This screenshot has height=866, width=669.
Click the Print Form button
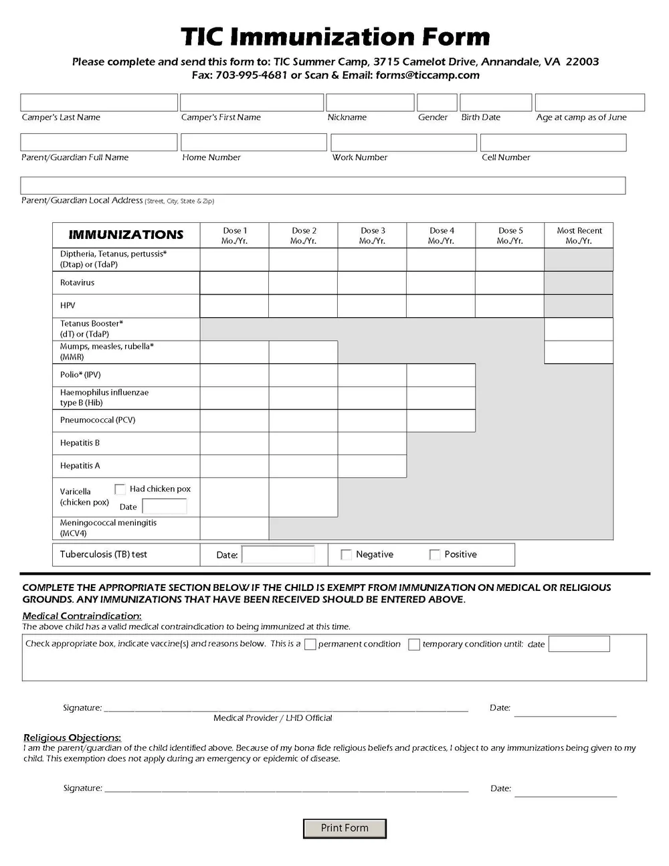pyautogui.click(x=345, y=828)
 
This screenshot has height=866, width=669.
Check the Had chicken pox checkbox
pyautogui.click(x=120, y=489)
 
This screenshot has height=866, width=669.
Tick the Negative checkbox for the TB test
pyautogui.click(x=346, y=555)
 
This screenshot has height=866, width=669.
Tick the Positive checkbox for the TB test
pyautogui.click(x=435, y=555)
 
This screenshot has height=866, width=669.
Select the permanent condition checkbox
pyautogui.click(x=310, y=644)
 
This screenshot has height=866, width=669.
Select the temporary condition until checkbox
pyautogui.click(x=414, y=644)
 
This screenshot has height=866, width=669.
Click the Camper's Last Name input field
pyautogui.click(x=99, y=102)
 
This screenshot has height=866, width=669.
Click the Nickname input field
pyautogui.click(x=370, y=102)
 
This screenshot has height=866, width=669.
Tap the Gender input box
pyautogui.click(x=437, y=102)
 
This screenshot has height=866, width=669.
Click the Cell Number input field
pyautogui.click(x=553, y=143)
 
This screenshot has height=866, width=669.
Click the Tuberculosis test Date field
pyautogui.click(x=278, y=555)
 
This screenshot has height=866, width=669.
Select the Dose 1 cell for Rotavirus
pyautogui.click(x=234, y=283)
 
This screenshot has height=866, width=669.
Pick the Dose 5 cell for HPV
pyautogui.click(x=509, y=306)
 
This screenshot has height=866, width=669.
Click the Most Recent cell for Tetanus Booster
pyautogui.click(x=579, y=329)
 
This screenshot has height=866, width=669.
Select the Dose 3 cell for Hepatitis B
pyautogui.click(x=372, y=443)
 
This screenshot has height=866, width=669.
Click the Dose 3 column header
pyautogui.click(x=373, y=236)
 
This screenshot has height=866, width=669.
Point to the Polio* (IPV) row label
pyautogui.click(x=80, y=375)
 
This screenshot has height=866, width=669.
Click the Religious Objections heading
pyautogui.click(x=72, y=738)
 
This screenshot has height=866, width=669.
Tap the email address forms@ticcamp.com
pyautogui.click(x=427, y=75)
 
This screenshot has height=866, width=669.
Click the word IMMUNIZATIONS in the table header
pyautogui.click(x=126, y=235)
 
